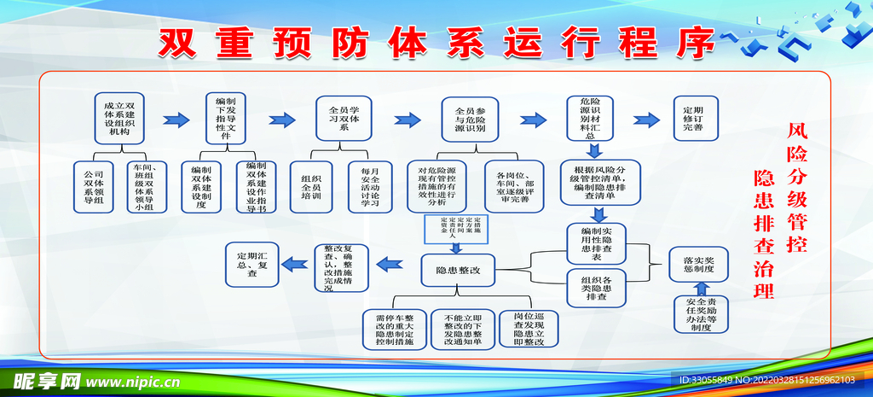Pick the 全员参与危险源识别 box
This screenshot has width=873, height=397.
(470, 117)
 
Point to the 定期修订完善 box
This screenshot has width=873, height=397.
(693, 120)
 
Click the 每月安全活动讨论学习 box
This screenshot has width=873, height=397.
(369, 185)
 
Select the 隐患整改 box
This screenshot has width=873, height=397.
(458, 270)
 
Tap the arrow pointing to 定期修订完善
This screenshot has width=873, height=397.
(648, 119)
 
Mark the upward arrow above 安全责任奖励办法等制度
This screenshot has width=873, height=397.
(699, 286)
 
